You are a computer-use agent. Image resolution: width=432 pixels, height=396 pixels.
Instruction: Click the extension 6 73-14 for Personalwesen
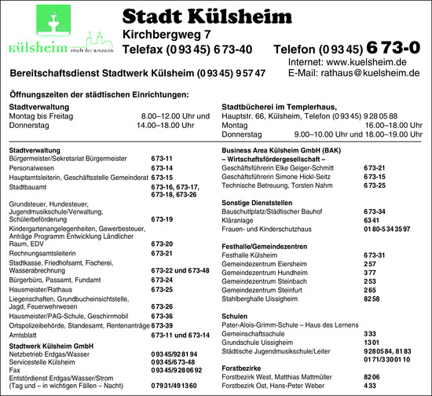click(162, 168)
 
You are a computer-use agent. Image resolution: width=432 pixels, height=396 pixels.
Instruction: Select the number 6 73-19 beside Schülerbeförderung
click(162, 219)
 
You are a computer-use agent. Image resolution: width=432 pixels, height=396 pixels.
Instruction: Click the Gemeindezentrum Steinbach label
click(264, 280)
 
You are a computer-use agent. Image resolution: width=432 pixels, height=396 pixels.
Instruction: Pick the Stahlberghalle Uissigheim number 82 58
click(372, 299)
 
